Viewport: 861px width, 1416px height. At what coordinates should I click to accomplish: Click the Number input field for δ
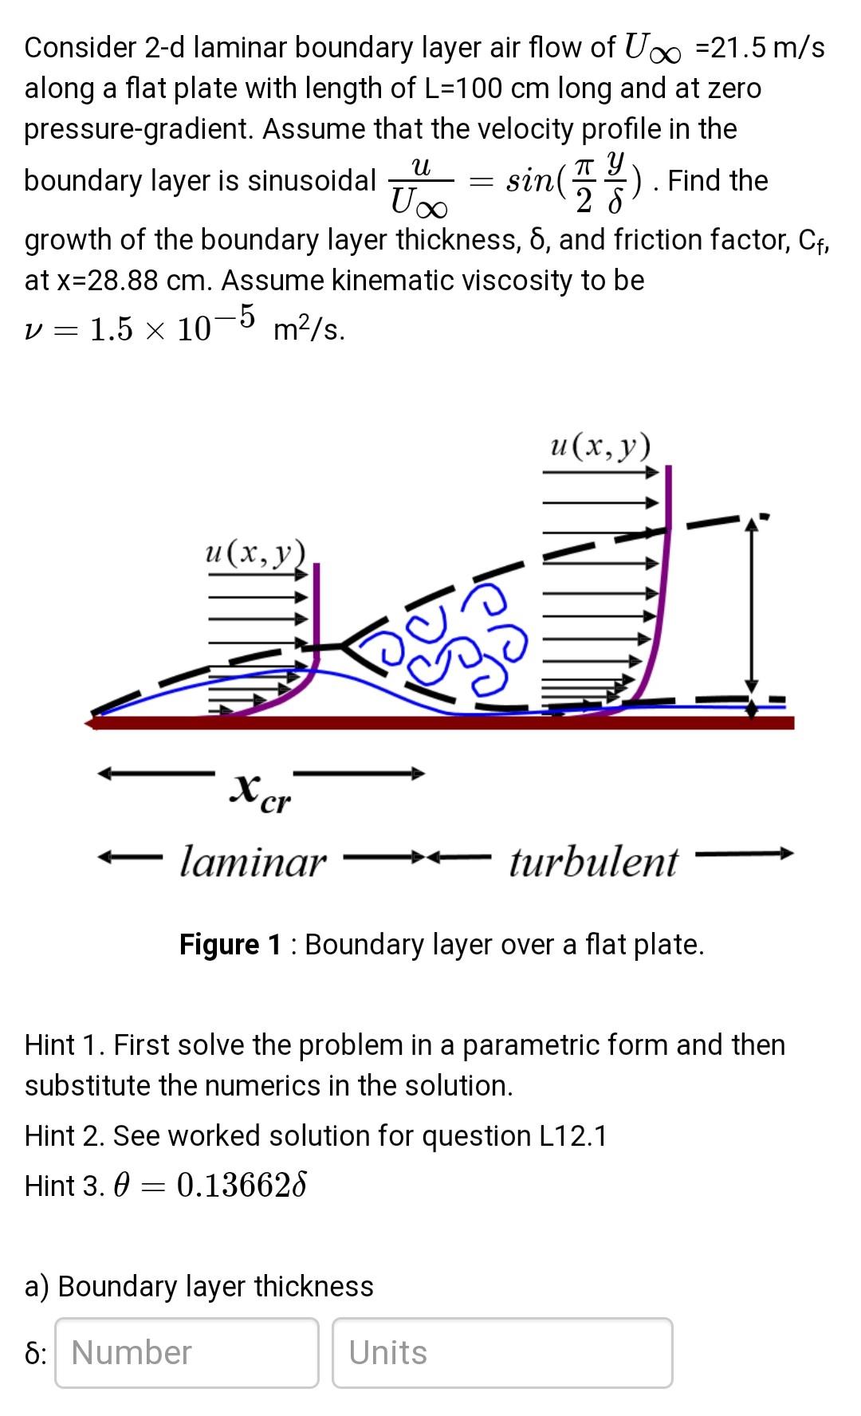187,1352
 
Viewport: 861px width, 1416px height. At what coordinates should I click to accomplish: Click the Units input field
502,1352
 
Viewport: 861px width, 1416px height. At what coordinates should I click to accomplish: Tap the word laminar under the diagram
253,862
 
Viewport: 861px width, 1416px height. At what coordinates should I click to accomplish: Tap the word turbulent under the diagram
594,862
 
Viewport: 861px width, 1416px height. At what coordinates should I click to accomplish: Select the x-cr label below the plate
260,792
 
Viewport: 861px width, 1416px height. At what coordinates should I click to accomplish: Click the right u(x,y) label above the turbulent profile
600,446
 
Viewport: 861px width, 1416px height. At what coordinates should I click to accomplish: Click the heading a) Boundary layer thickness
199,1286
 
